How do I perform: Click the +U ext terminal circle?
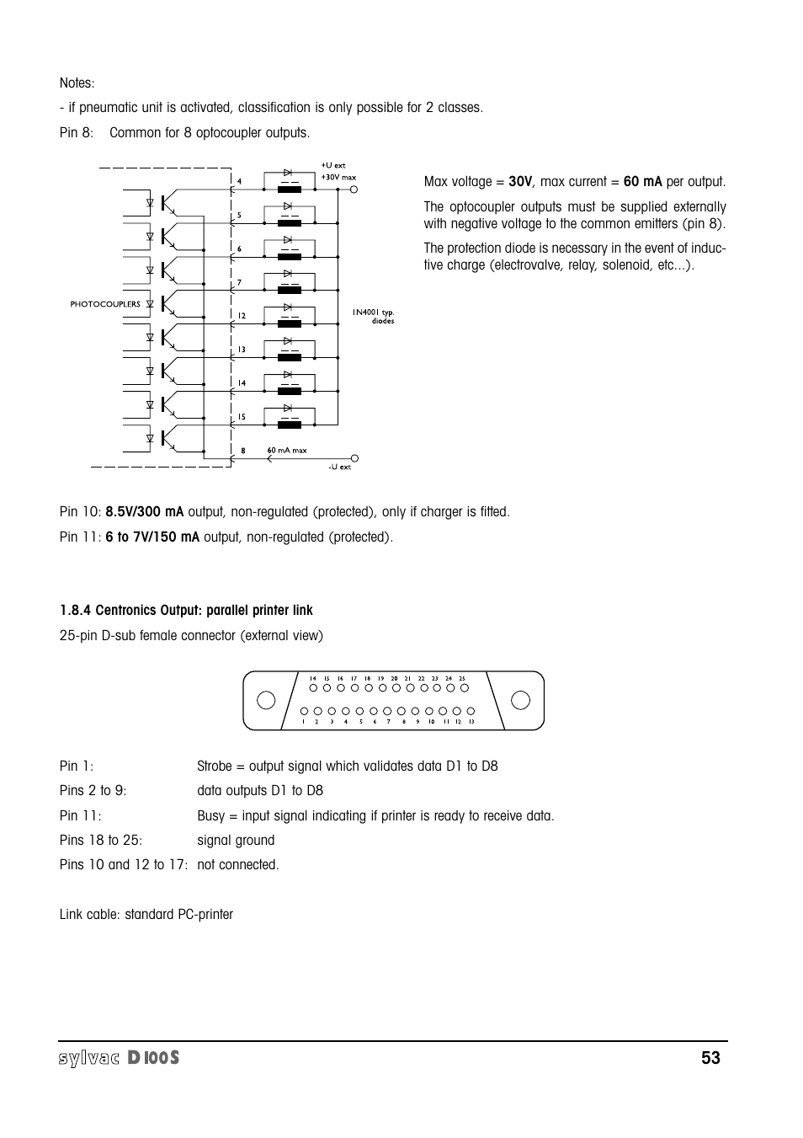[354, 190]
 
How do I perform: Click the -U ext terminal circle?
[354, 458]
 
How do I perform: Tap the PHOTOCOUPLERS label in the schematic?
[105, 304]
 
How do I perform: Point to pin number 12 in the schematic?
[241, 316]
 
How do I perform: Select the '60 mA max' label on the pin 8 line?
[287, 451]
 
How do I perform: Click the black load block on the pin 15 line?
[289, 425]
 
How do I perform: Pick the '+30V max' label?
[338, 178]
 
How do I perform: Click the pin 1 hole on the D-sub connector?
[304, 711]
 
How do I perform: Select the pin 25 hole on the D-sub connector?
[462, 689]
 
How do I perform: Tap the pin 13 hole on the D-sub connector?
[471, 711]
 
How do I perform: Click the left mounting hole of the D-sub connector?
[266, 700]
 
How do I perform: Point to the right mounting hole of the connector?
[521, 700]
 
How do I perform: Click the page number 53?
[710, 1058]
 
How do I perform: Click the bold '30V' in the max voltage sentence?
[520, 182]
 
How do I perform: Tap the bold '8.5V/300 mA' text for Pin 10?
[144, 512]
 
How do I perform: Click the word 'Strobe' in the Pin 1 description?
[215, 767]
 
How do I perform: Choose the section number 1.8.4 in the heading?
[76, 611]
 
